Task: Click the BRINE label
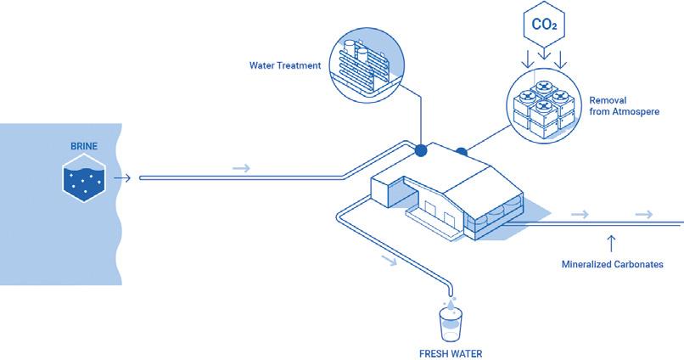(x=84, y=146)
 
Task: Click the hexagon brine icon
(x=84, y=179)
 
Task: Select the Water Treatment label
(x=284, y=65)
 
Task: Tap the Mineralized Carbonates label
(x=612, y=264)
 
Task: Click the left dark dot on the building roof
(x=420, y=151)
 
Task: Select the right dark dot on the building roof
(x=462, y=153)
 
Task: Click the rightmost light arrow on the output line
(x=646, y=214)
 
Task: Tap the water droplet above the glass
(x=451, y=301)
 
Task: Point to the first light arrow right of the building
(x=580, y=214)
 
